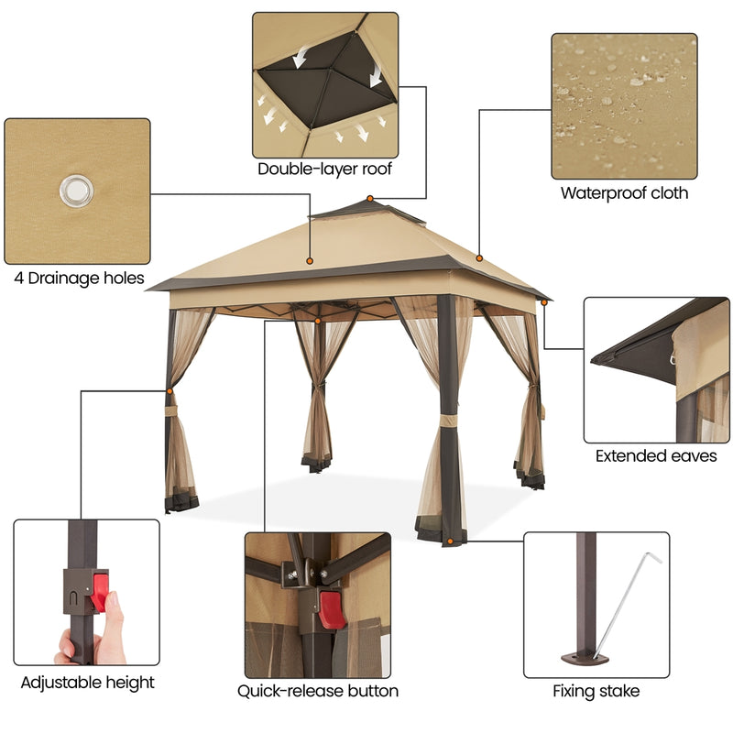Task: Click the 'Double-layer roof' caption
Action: (x=325, y=169)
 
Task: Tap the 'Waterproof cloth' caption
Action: (x=624, y=193)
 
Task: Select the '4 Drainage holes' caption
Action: (x=79, y=278)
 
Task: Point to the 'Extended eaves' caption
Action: (x=656, y=455)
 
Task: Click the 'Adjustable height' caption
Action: (x=88, y=683)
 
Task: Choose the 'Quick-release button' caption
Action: (x=318, y=691)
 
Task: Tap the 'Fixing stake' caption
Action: (x=596, y=691)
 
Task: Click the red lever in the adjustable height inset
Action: (x=99, y=589)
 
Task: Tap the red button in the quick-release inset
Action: (x=331, y=608)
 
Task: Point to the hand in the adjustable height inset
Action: (x=101, y=632)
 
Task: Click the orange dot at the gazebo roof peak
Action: (x=370, y=198)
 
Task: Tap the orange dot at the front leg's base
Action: (x=450, y=542)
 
